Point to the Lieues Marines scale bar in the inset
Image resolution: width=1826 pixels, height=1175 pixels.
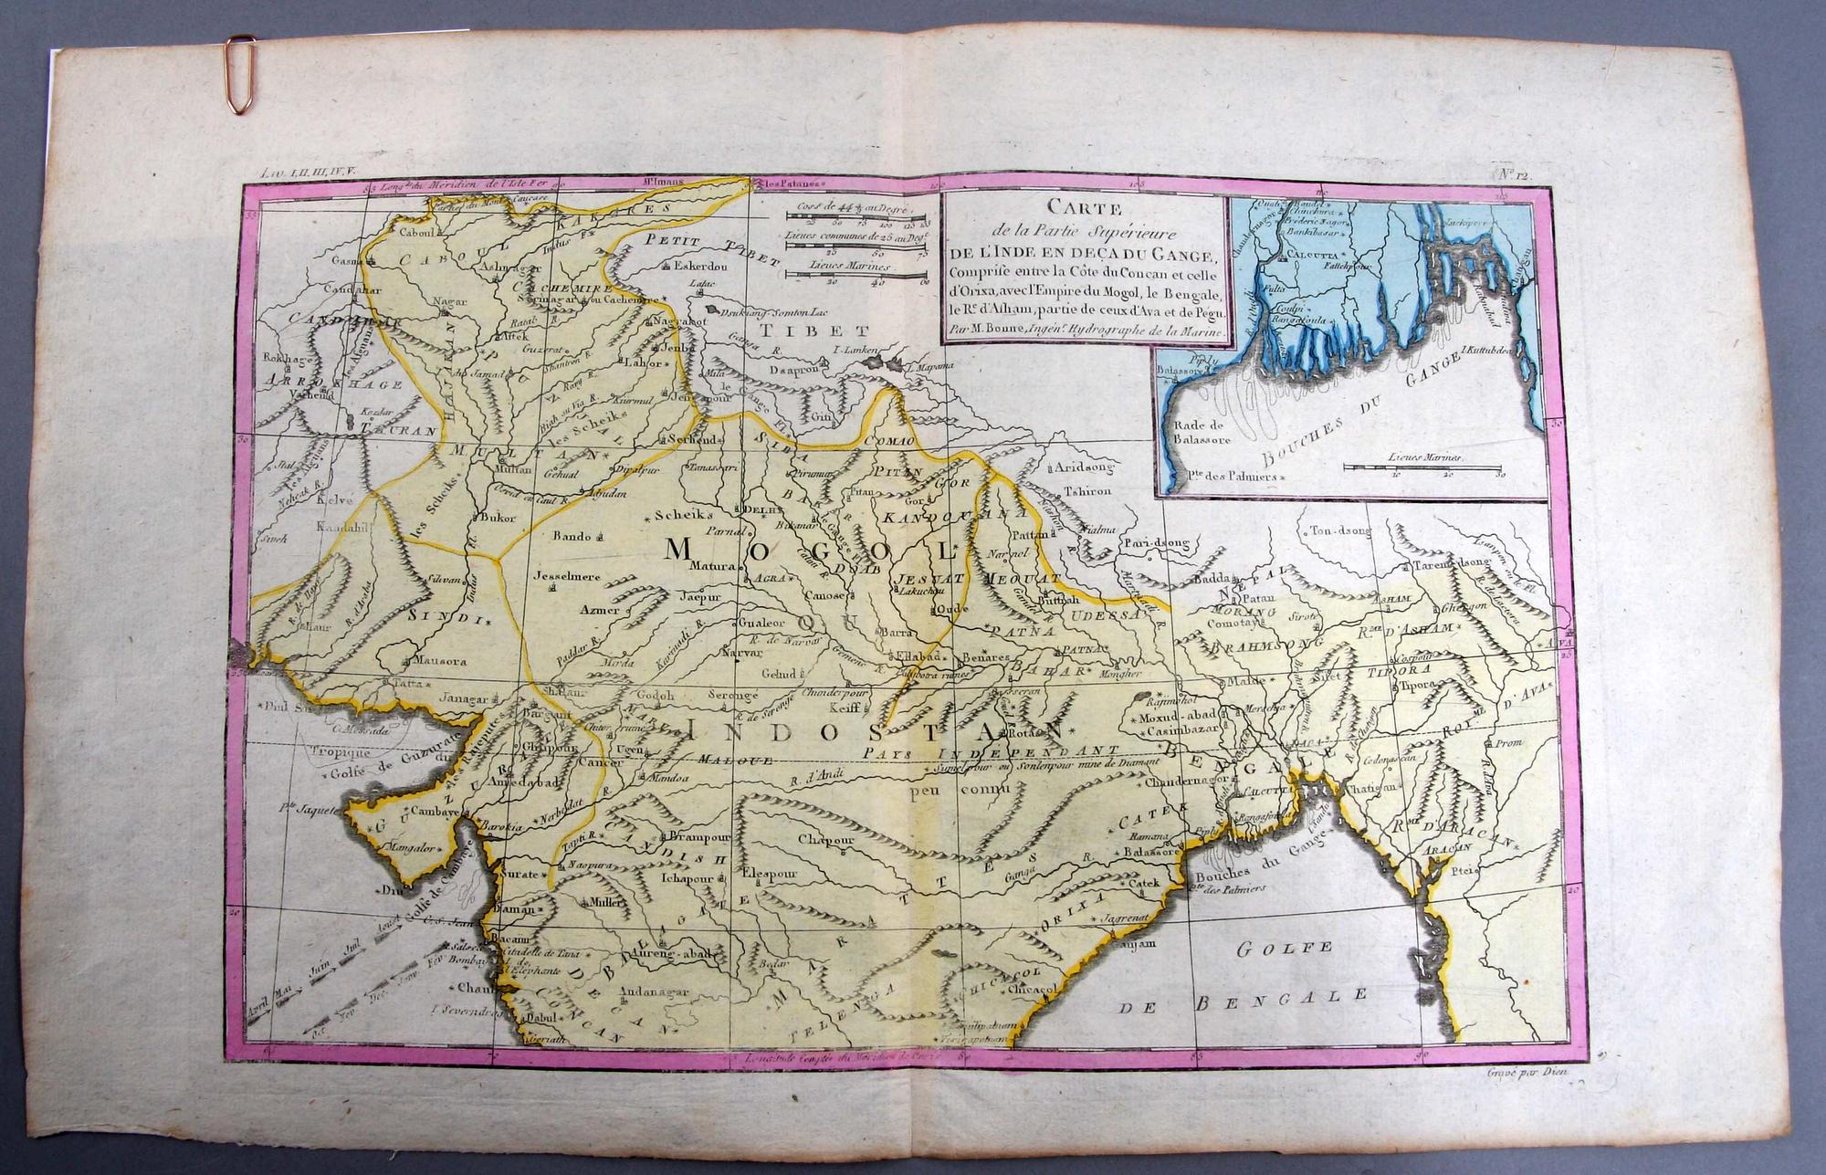[1424, 466]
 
